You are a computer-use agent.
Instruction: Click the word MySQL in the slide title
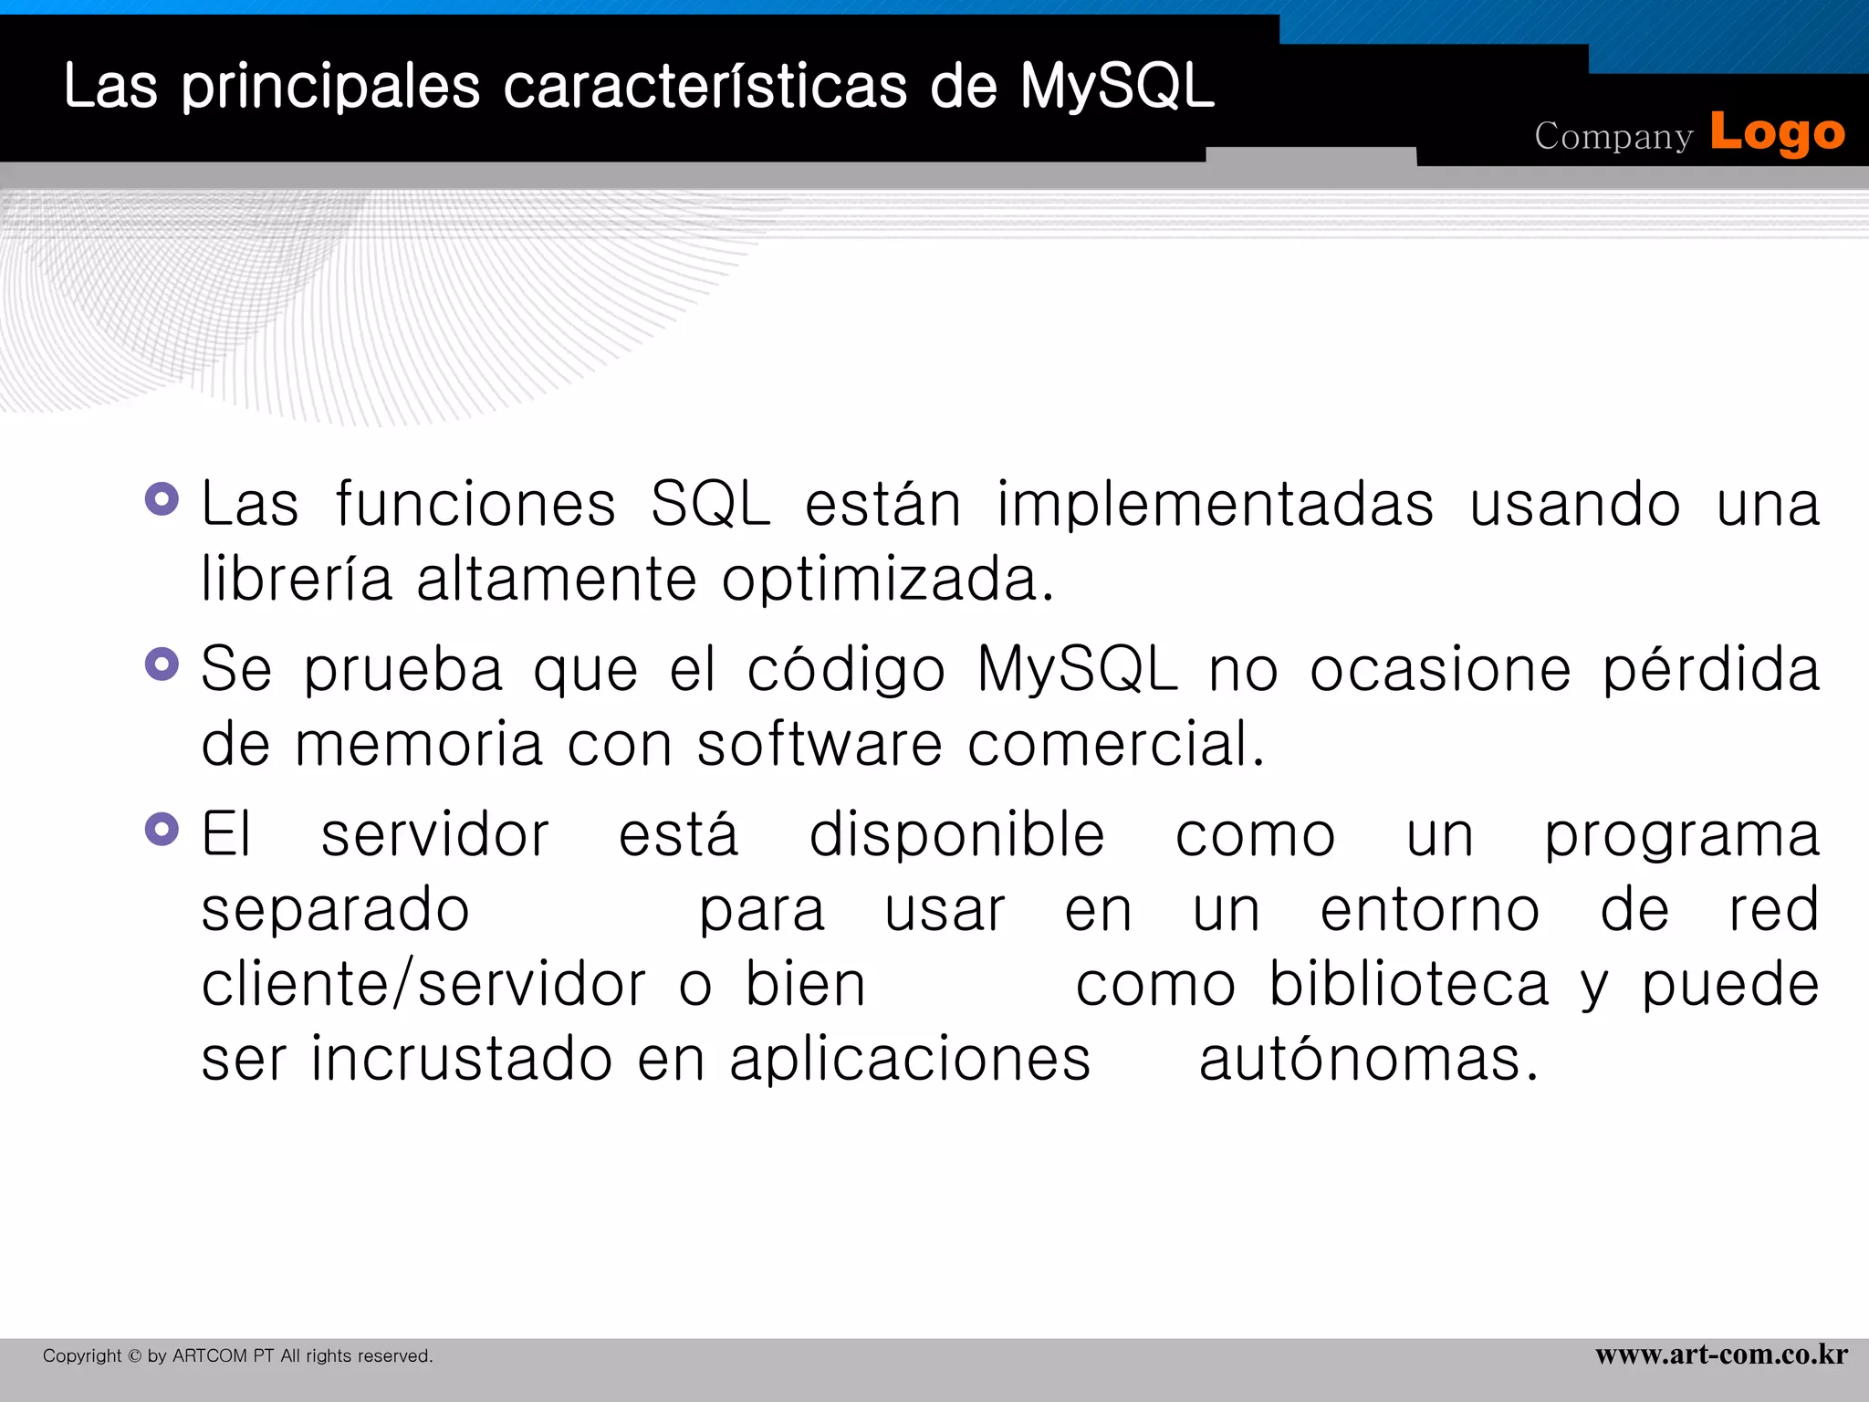click(1116, 87)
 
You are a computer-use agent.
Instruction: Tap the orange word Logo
click(1777, 133)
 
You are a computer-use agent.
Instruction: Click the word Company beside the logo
click(1613, 136)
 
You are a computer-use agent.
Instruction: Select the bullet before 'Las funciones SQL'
click(162, 499)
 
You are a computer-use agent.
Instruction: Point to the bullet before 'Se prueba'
click(162, 664)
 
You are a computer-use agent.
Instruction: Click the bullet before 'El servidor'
click(162, 830)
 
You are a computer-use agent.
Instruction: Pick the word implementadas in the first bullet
click(1215, 505)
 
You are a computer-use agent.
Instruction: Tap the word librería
click(297, 580)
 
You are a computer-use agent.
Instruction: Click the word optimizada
click(887, 580)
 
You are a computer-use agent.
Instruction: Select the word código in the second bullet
click(846, 671)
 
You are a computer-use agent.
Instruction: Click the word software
click(819, 744)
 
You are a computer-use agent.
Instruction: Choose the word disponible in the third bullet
click(956, 835)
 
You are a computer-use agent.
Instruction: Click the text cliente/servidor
click(423, 985)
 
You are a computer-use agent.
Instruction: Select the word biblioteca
click(1409, 985)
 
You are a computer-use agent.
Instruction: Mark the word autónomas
click(1368, 1060)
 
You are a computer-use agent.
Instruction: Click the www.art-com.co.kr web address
click(1721, 1355)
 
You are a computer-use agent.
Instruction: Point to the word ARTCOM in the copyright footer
click(210, 1356)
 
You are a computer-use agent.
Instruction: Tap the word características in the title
click(705, 87)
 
